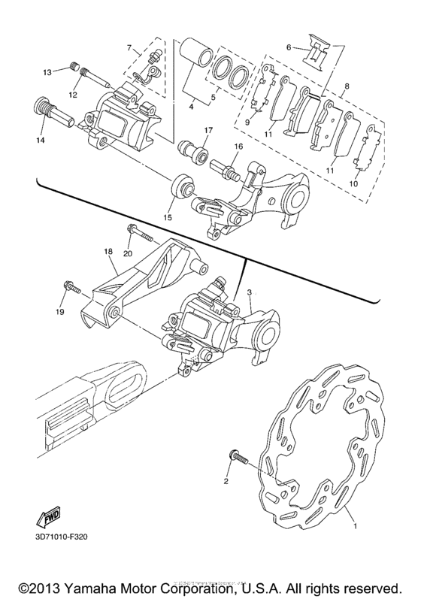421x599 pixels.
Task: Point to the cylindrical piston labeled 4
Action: click(196, 58)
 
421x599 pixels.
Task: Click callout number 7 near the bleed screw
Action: click(129, 49)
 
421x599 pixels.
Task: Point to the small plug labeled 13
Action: click(74, 67)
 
